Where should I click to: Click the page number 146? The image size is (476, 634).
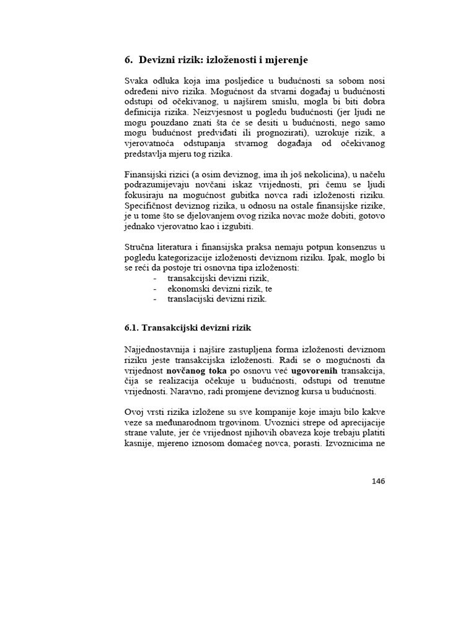coord(379,482)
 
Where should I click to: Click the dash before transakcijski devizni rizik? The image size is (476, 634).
coord(155,279)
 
